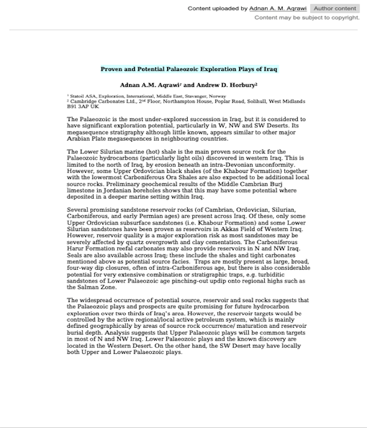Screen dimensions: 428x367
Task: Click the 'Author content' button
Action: [335, 9]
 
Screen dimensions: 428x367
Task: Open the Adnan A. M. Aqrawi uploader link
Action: [278, 9]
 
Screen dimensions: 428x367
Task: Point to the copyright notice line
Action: [306, 18]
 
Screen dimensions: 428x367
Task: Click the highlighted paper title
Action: [189, 69]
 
